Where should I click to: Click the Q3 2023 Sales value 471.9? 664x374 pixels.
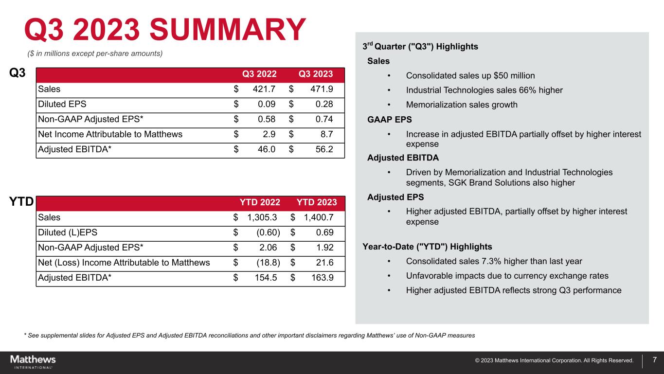(322, 89)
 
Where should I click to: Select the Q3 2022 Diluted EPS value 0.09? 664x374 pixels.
(267, 104)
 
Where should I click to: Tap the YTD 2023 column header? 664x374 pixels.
(317, 202)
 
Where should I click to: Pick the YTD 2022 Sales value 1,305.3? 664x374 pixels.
(262, 217)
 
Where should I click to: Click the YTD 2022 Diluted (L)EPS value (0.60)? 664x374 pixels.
(268, 232)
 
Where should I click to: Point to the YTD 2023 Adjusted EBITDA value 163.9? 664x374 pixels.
(322, 277)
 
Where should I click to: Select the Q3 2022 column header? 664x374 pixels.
(259, 74)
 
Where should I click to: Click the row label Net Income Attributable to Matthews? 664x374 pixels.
(110, 134)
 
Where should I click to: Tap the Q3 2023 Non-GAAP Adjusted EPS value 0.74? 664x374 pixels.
(324, 119)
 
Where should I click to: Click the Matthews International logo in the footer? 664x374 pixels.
(33, 361)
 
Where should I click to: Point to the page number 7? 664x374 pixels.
(655, 360)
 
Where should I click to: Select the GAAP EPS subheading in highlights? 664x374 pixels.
(390, 120)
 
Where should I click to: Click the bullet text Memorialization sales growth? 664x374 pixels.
(462, 105)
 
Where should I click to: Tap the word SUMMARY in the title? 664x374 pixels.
(228, 29)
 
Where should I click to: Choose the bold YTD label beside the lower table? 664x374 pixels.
(21, 201)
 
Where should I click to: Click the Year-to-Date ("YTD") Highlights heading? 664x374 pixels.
(427, 247)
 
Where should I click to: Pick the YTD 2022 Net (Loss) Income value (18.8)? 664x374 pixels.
(268, 263)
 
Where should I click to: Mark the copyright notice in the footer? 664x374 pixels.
(554, 360)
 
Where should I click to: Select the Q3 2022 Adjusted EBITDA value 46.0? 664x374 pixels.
(267, 149)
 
